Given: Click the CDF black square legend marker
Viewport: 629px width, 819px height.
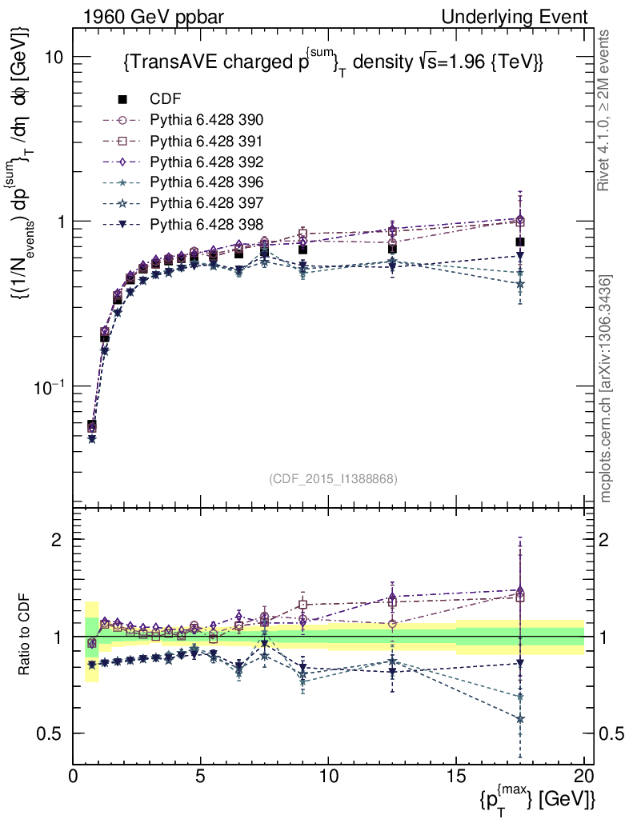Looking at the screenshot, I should [122, 100].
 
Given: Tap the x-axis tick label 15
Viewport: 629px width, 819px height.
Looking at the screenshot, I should [456, 776].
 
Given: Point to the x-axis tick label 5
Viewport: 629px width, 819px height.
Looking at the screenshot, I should [201, 776].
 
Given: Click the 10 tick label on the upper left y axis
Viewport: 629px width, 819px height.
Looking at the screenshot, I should [54, 58].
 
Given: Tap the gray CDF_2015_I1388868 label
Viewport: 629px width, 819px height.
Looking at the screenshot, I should [333, 479].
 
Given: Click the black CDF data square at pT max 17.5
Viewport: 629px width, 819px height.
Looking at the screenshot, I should [520, 242].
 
